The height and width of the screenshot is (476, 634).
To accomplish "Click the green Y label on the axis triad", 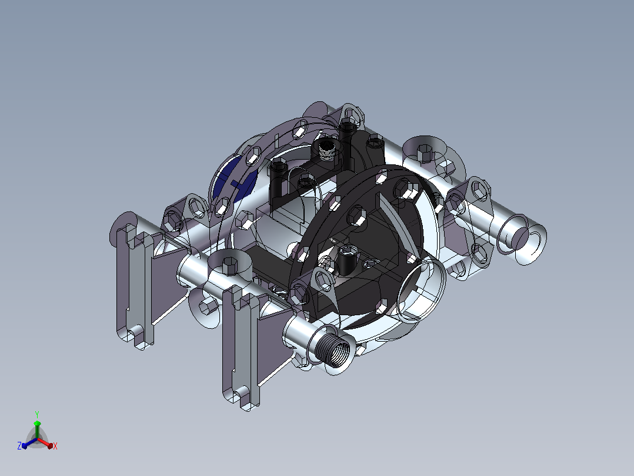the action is coord(37,414).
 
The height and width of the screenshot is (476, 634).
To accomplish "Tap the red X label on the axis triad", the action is coord(55,446).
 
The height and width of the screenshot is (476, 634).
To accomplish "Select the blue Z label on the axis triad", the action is coord(19,445).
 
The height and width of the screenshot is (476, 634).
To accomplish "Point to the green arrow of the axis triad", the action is coord(37,429).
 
